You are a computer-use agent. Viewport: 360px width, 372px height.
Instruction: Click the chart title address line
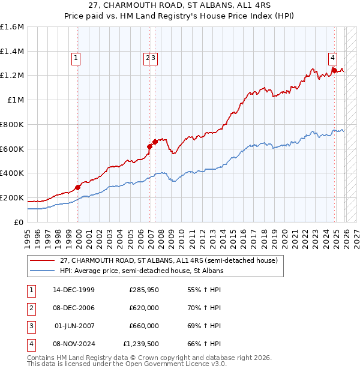[x=180, y=5]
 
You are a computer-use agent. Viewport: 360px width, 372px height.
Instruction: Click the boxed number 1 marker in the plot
[x=77, y=58]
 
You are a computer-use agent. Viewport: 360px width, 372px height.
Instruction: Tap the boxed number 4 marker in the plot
[x=332, y=58]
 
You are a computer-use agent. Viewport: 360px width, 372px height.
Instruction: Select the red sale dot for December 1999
[x=78, y=187]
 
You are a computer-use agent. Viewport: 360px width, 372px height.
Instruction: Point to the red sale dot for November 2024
[x=334, y=70]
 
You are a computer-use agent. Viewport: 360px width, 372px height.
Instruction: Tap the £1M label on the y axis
[x=16, y=100]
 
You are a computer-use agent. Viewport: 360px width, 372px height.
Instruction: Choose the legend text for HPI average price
[x=142, y=271]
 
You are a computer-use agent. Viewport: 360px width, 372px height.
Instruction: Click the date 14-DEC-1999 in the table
[x=73, y=290]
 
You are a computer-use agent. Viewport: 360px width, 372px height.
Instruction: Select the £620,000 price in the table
[x=144, y=308]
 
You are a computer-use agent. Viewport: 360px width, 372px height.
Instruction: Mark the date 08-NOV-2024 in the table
[x=73, y=344]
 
